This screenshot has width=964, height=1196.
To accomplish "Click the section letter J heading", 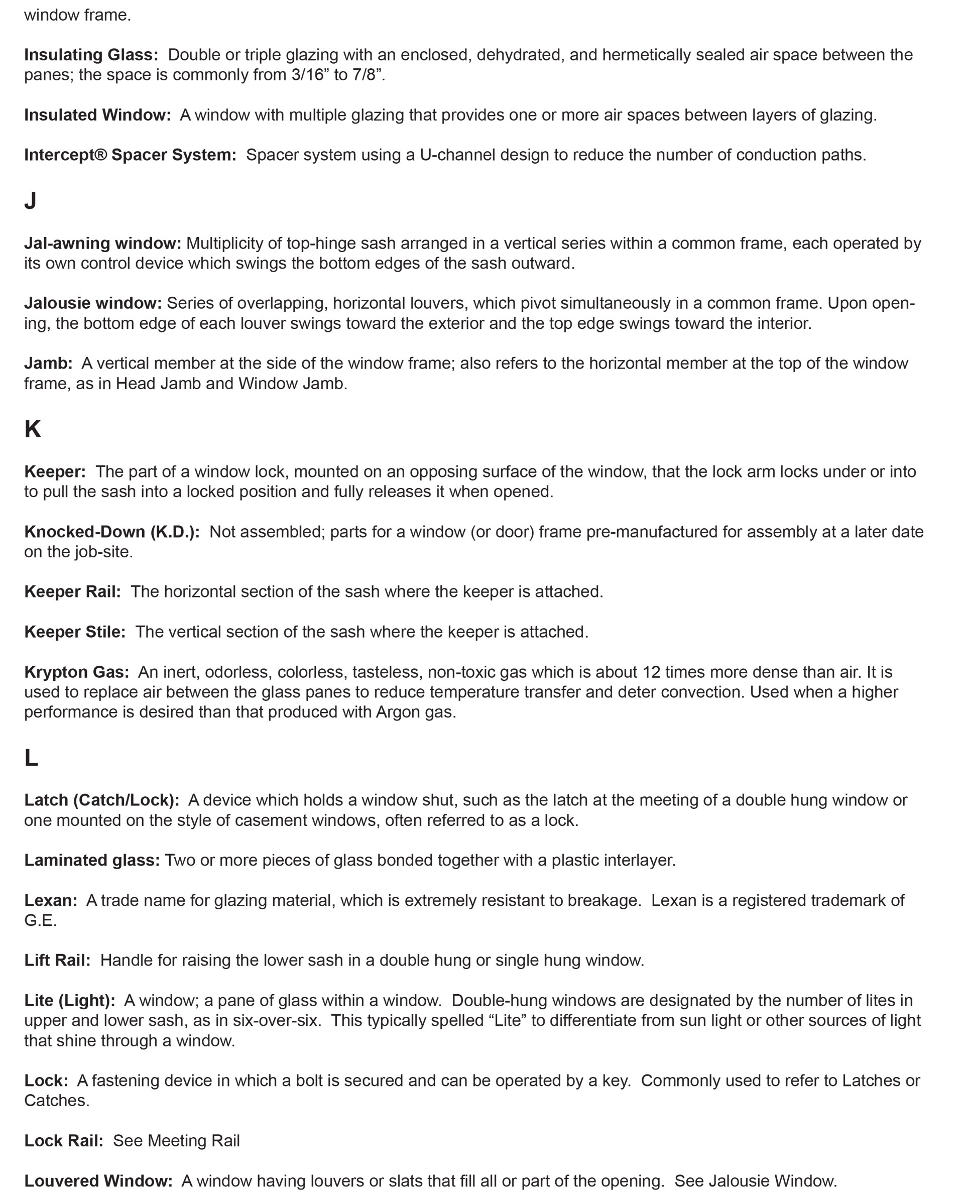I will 30,200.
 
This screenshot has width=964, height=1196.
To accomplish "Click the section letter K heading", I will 32,429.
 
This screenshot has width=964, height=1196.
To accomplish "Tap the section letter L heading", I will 31,758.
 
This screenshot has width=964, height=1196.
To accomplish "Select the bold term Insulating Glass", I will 91,55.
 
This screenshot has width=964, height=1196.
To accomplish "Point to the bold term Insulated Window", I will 97,115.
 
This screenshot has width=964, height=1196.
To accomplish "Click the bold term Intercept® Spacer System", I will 130,155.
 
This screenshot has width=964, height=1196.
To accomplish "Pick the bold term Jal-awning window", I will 103,243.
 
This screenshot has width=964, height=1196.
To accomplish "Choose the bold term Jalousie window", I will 93,303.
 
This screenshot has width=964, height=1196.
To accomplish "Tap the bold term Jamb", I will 48,363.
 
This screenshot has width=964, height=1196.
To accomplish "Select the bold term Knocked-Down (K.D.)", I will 111,532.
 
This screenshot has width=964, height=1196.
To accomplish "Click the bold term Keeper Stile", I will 75,632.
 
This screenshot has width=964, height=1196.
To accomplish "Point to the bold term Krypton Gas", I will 77,672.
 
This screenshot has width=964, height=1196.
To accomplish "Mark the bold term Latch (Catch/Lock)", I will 101,800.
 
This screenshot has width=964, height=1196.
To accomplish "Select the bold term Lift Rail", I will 57,960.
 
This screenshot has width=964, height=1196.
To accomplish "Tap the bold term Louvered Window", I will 98,1181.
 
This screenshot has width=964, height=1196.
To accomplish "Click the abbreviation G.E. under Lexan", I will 40,920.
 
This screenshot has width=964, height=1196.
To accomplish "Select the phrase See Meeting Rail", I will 176,1141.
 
